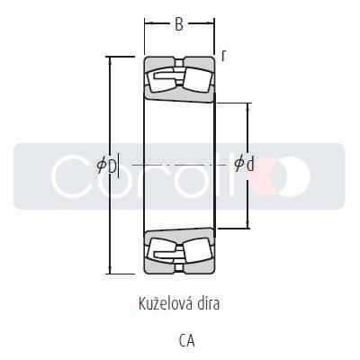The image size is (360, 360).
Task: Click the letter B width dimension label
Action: pos(179,25)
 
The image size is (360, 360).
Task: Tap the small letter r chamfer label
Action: pos(223,56)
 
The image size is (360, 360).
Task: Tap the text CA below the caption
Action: pos(185,340)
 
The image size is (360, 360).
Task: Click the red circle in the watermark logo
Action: pos(266,175)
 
